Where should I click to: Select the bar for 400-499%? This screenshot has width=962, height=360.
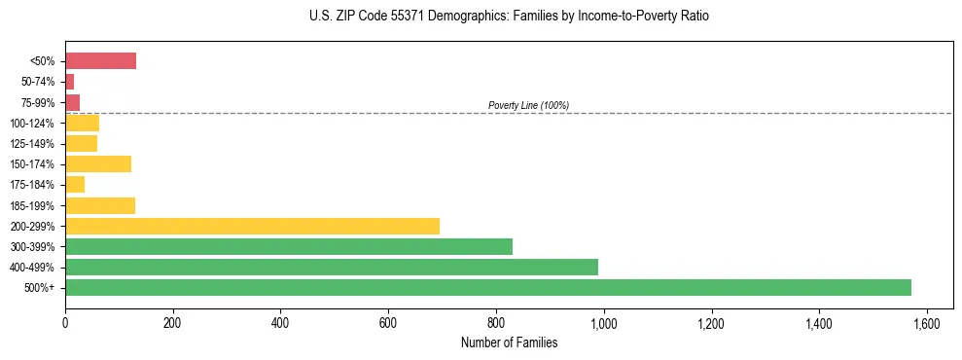(x=332, y=267)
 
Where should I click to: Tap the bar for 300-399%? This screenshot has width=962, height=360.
(x=289, y=246)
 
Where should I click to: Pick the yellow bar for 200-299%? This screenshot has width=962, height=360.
(x=252, y=226)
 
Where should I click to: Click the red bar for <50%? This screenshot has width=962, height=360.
(x=100, y=61)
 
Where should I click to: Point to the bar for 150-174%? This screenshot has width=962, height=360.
(x=98, y=163)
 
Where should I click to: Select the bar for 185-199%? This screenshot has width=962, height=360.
(x=100, y=205)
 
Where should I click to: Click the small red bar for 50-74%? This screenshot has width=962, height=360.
(x=70, y=82)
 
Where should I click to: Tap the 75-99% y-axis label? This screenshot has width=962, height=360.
(x=38, y=103)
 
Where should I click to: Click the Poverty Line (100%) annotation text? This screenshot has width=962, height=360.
(x=528, y=105)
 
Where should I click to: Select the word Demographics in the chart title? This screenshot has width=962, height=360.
(x=443, y=17)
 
